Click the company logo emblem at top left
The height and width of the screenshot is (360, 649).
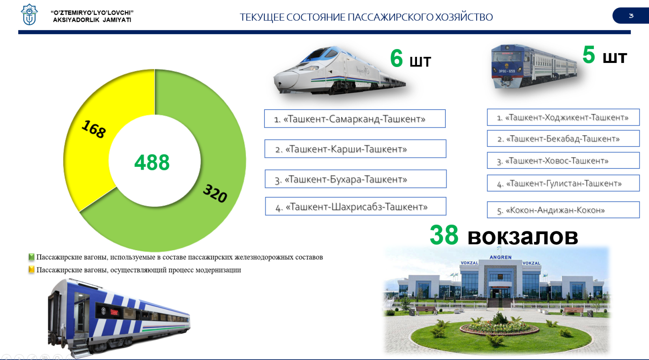(29, 15)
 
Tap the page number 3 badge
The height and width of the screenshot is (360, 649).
(631, 16)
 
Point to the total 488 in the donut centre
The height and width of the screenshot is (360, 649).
(152, 162)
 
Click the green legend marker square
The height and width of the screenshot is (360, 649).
(31, 257)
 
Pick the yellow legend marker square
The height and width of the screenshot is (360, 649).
(31, 269)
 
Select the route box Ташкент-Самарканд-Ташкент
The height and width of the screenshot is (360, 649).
(355, 119)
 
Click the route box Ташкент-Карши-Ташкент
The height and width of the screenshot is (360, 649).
(355, 149)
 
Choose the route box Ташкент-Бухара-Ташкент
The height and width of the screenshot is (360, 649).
(355, 179)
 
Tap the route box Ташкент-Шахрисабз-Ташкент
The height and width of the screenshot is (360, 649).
(355, 206)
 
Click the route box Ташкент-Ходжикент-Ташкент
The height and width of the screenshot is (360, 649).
(563, 117)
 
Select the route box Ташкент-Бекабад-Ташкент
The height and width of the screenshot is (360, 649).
(563, 138)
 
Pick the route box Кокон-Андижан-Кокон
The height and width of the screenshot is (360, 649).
(563, 209)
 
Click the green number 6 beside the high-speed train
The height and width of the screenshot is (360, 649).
(396, 58)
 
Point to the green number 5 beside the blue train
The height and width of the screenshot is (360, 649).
(589, 54)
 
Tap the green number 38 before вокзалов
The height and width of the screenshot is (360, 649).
(444, 235)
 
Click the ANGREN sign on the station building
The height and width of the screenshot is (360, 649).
(501, 257)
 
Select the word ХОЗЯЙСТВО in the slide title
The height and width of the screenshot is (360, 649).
(463, 17)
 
